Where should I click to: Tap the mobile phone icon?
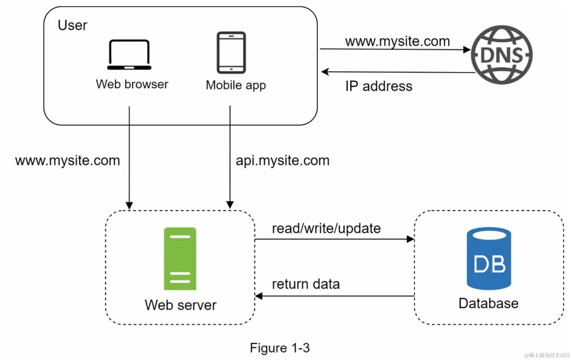point(231,53)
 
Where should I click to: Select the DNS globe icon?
point(502,55)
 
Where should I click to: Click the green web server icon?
point(180,258)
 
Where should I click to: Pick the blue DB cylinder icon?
point(489,258)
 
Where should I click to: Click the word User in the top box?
point(72,25)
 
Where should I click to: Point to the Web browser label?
point(132,84)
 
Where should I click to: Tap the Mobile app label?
point(236,85)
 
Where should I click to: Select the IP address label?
point(379,86)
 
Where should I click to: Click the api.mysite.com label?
point(282,160)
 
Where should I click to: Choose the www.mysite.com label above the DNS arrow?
point(397,41)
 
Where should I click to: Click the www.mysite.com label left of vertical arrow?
point(67,160)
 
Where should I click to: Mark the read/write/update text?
point(326,228)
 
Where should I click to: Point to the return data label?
point(306,284)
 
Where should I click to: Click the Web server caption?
point(180,305)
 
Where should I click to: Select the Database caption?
point(488,303)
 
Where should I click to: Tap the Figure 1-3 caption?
point(279,348)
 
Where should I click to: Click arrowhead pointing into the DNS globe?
point(467,50)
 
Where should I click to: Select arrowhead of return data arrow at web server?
point(259,296)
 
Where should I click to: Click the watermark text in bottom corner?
point(547,355)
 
